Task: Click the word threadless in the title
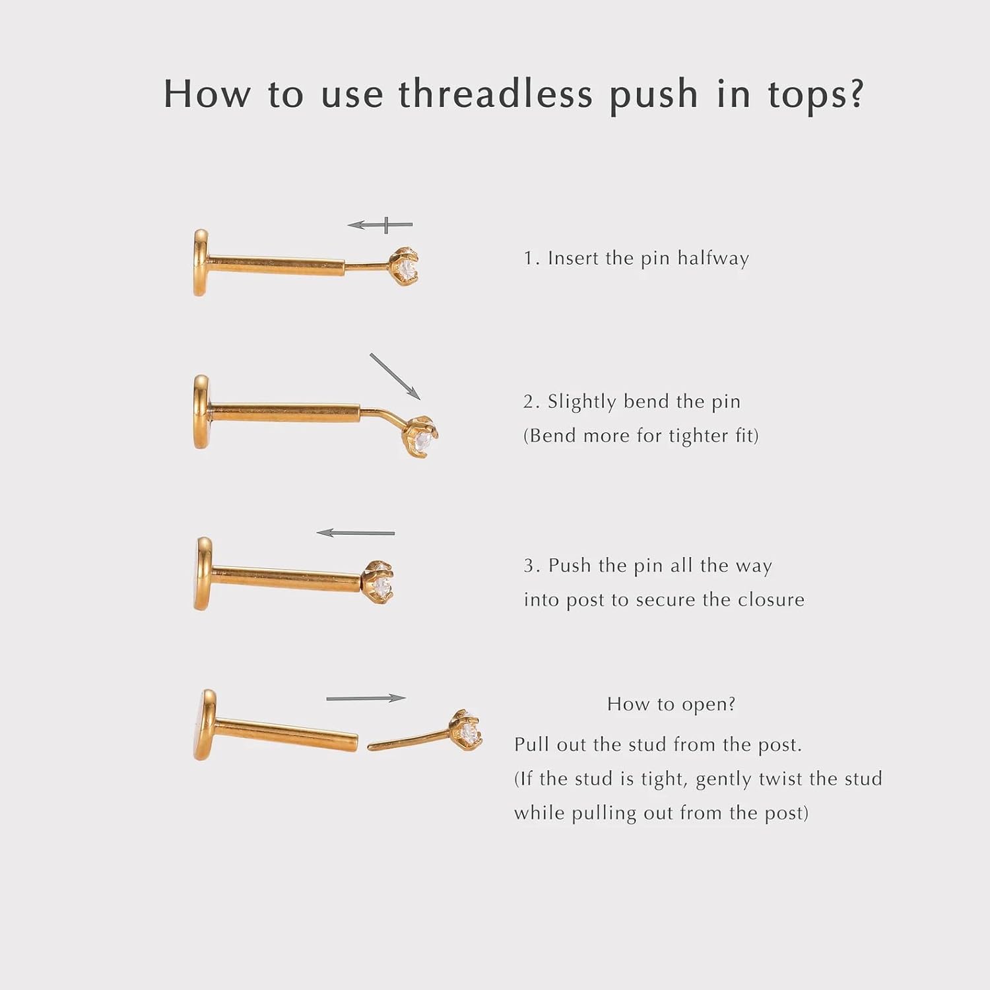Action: pyautogui.click(x=495, y=93)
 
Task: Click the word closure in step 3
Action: pyautogui.click(x=771, y=599)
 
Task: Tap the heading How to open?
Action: pyautogui.click(x=671, y=704)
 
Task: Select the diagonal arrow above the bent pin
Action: pyautogui.click(x=395, y=376)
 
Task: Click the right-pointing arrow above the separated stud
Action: pyautogui.click(x=366, y=698)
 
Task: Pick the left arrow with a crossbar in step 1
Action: pyautogui.click(x=380, y=225)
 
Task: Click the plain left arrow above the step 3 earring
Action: pyautogui.click(x=355, y=533)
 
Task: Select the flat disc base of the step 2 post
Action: pyautogui.click(x=201, y=412)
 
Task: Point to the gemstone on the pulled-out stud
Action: pyautogui.click(x=469, y=730)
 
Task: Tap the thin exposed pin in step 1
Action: pyautogui.click(x=368, y=267)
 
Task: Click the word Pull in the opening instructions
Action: pyautogui.click(x=531, y=744)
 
